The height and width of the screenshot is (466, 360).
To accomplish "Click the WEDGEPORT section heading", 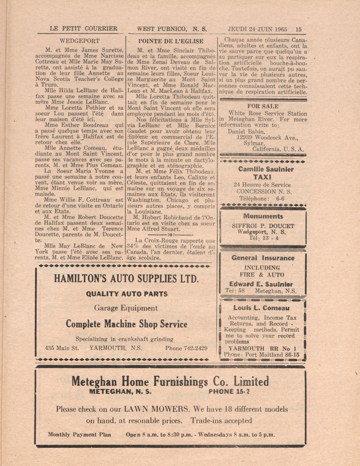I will pyautogui.click(x=80, y=41).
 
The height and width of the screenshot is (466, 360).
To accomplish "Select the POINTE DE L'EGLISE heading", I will pyautogui.click(x=171, y=41).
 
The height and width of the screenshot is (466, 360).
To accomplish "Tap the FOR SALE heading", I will pyautogui.click(x=263, y=106).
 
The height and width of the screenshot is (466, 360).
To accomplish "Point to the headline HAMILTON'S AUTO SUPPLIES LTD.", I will pyautogui.click(x=125, y=278).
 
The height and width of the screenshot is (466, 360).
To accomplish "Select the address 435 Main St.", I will pyautogui.click(x=62, y=348).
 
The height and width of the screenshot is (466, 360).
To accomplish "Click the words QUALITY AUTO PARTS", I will pyautogui.click(x=127, y=294).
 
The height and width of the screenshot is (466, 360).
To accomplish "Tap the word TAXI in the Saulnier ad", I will pyautogui.click(x=262, y=177).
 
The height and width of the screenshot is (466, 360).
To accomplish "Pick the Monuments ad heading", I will pyautogui.click(x=263, y=216).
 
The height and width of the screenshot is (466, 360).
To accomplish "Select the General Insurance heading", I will pyautogui.click(x=263, y=258).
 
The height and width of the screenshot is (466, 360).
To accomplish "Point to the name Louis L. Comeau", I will pyautogui.click(x=261, y=308).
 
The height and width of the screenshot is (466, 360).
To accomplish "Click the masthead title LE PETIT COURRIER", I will pyautogui.click(x=83, y=29).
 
